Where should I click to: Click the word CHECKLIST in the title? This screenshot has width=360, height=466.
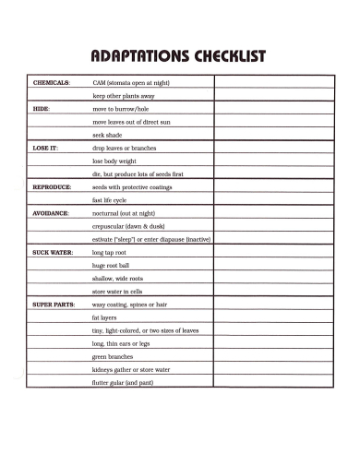[x=224, y=57]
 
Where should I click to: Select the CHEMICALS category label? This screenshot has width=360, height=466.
[x=52, y=82]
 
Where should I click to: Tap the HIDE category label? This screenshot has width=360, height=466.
[x=41, y=108]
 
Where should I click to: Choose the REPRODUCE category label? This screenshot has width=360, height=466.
[x=52, y=186]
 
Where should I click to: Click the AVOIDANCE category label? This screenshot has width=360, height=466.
[x=51, y=212]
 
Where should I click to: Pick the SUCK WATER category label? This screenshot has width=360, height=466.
[x=53, y=251]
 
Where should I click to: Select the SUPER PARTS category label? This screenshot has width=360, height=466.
[x=54, y=304]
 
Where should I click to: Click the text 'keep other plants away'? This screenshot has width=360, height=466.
[x=124, y=95]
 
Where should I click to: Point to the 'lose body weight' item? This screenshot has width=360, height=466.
[x=114, y=161]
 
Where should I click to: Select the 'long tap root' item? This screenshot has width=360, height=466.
[x=110, y=251]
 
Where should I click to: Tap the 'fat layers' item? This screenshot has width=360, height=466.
[x=104, y=317]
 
